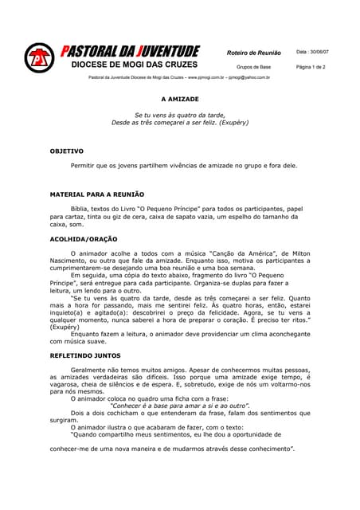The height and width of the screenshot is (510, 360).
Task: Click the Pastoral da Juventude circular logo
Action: pyautogui.click(x=38, y=58)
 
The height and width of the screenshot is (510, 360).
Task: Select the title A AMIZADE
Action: pyautogui.click(x=180, y=101)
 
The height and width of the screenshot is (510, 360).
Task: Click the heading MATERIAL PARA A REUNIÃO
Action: pyautogui.click(x=96, y=194)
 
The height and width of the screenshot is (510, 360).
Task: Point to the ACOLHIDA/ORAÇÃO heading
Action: pyautogui.click(x=84, y=238)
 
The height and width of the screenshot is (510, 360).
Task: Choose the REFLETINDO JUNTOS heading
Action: pyautogui.click(x=85, y=355)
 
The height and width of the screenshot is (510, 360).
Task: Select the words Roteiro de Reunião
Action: pyautogui.click(x=254, y=53)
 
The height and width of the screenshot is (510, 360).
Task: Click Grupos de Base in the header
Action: pyautogui.click(x=254, y=68)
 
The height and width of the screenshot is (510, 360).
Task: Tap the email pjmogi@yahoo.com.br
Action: pyautogui.click(x=249, y=78)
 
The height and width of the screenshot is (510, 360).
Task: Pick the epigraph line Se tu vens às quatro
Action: pyautogui.click(x=180, y=116)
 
